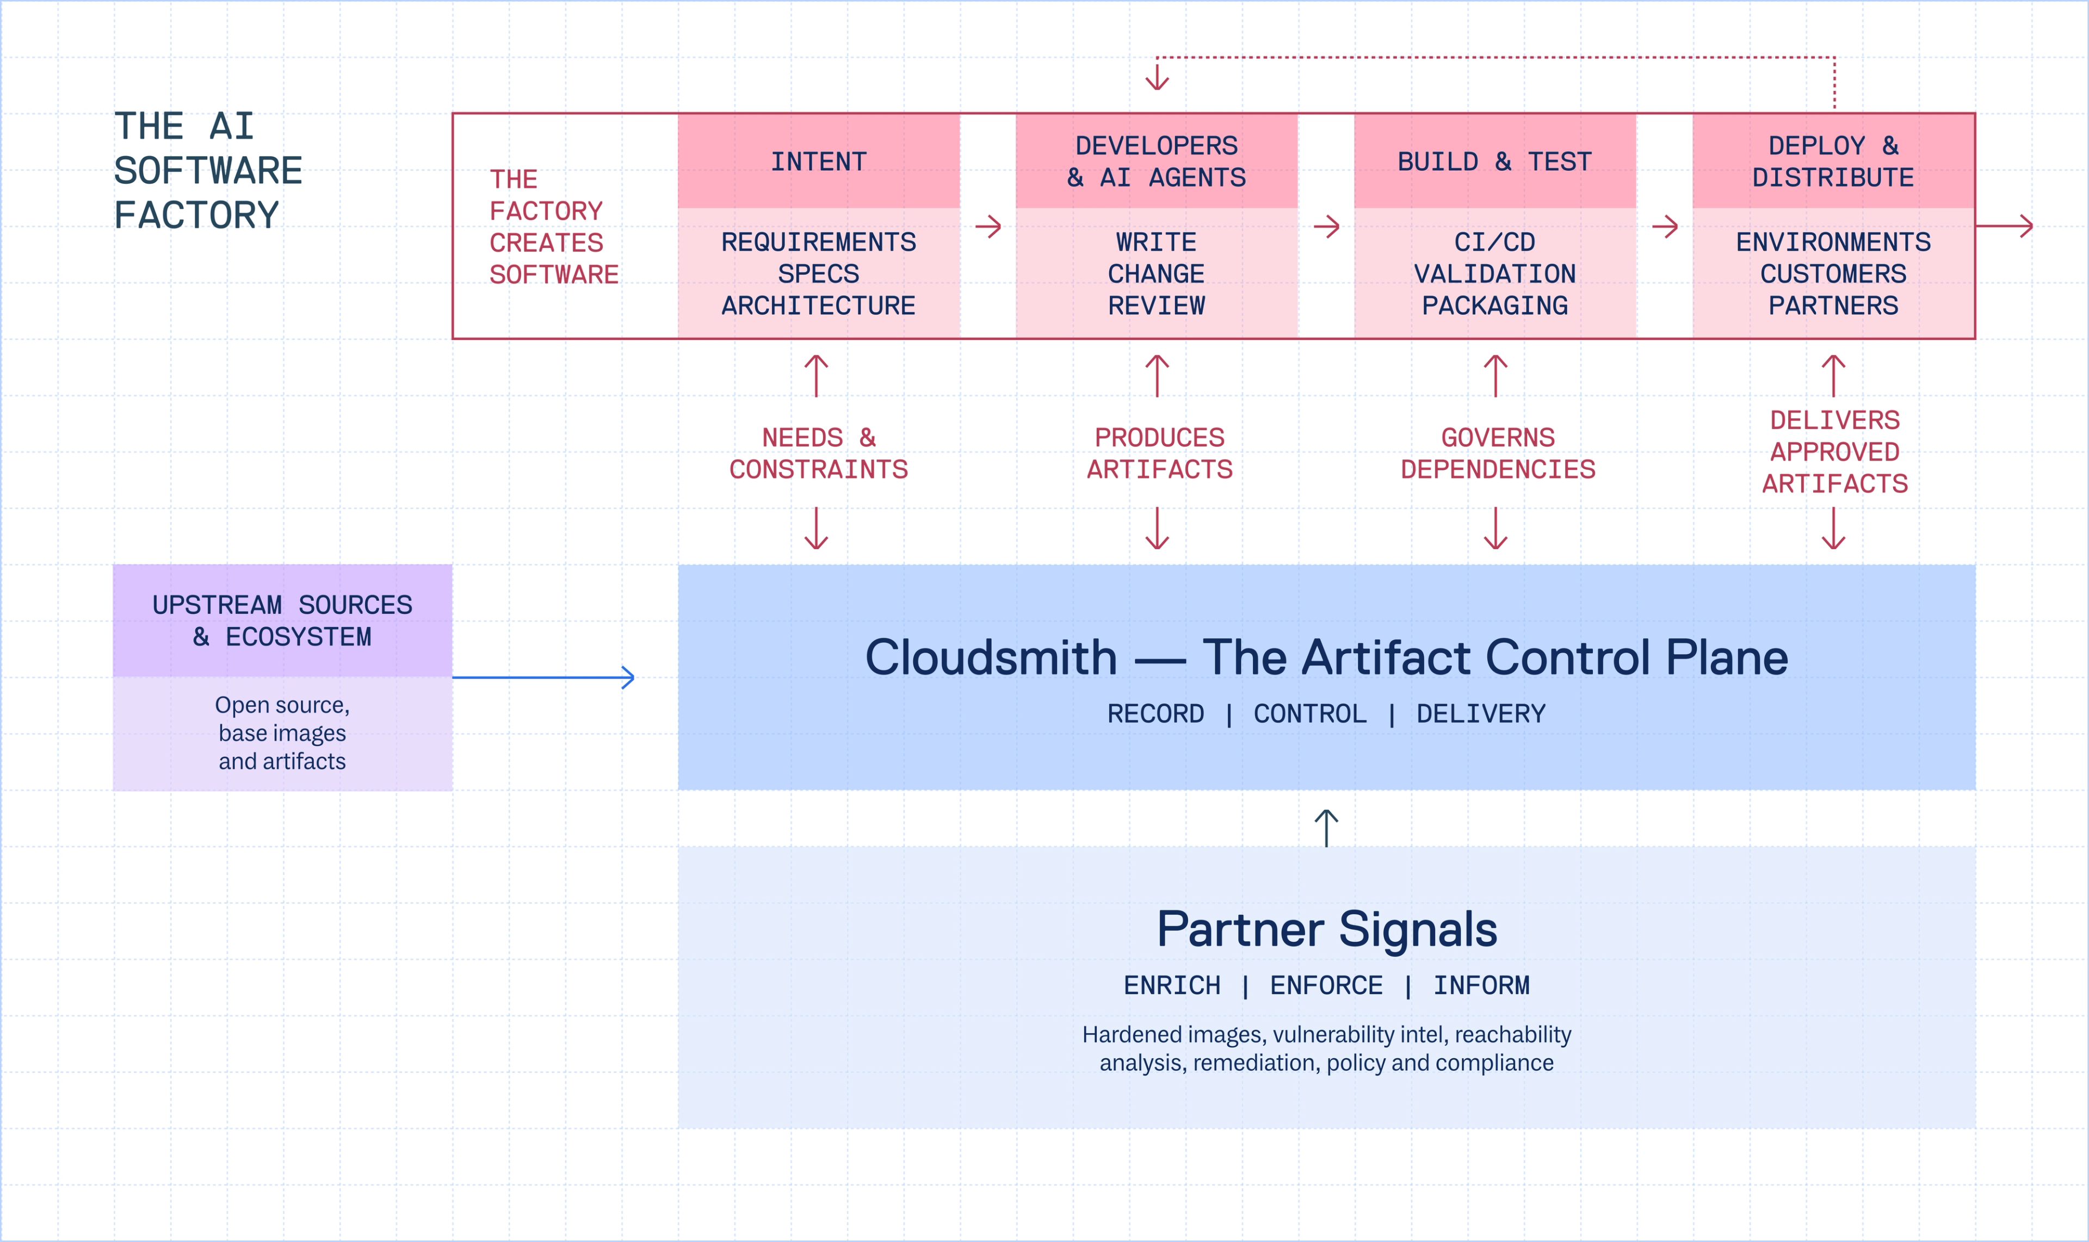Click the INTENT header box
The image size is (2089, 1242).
click(x=818, y=161)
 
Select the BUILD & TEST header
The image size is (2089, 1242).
click(x=1494, y=161)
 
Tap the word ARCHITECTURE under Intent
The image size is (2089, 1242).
click(x=818, y=306)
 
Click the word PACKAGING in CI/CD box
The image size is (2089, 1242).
click(x=1494, y=306)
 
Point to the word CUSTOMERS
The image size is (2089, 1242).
click(x=1833, y=274)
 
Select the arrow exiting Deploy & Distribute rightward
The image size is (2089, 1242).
click(x=2005, y=226)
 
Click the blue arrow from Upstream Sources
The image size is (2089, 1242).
click(x=544, y=677)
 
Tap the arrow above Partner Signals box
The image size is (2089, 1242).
click(x=1326, y=827)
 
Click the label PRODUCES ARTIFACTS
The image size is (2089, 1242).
click(x=1160, y=453)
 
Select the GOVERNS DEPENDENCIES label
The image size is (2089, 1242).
click(x=1498, y=453)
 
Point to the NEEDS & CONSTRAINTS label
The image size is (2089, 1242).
click(x=818, y=453)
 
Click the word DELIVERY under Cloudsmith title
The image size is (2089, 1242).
click(x=1480, y=714)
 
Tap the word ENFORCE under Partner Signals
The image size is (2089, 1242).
click(x=1326, y=985)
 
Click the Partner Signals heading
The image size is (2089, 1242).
click(x=1326, y=929)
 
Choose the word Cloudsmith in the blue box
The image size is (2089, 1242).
click(x=991, y=658)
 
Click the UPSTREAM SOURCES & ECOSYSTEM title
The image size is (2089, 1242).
click(x=282, y=620)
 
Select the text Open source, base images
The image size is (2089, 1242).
click(x=282, y=719)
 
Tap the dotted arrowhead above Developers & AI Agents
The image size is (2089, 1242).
click(x=1157, y=79)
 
